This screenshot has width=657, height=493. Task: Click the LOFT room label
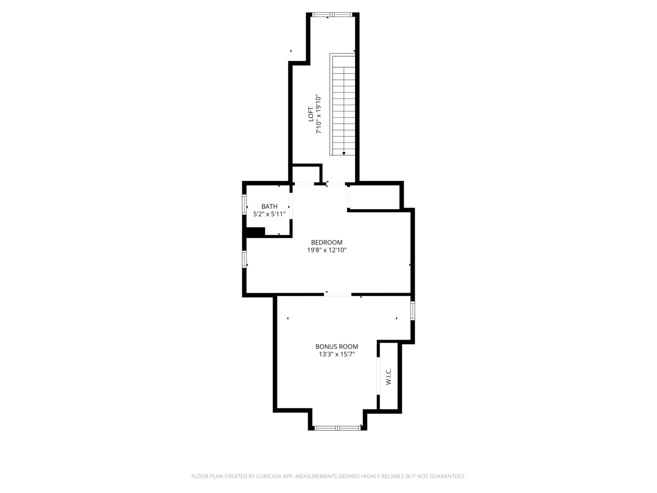(311, 114)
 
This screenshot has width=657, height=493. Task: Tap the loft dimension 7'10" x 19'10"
(319, 114)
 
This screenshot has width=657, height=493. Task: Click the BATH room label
(269, 206)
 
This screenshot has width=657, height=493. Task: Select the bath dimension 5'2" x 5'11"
(269, 214)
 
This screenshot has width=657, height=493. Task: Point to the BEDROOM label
(327, 242)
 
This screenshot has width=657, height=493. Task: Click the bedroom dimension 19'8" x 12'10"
(327, 250)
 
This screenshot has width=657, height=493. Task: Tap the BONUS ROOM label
(337, 346)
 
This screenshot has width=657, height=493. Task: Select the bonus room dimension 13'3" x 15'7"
(337, 354)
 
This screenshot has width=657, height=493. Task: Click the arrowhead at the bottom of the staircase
(344, 154)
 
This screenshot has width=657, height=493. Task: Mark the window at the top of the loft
(333, 15)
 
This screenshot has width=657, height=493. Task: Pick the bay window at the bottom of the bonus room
(338, 428)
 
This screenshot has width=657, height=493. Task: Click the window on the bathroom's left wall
(244, 205)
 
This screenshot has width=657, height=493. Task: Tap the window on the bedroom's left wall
(244, 259)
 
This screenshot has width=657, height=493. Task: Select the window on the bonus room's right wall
(412, 310)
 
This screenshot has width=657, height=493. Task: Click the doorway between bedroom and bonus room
(338, 294)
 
